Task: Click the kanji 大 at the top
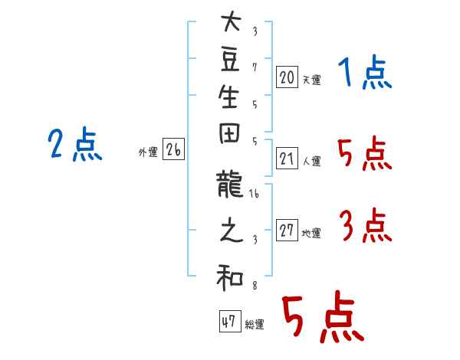coord(231,21)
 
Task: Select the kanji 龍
coord(230,184)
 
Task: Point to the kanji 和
coord(230,277)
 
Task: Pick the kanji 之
coord(232,230)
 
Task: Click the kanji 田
coord(229,134)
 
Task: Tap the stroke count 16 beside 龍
coord(254,194)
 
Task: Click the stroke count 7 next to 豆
coord(255,67)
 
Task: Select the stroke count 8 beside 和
coord(255,285)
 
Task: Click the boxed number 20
coord(287,77)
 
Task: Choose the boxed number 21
coord(287,159)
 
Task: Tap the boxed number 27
coord(287,230)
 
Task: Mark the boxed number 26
coord(173,149)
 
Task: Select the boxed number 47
coord(230,321)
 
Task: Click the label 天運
coord(312,80)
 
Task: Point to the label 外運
coord(148,152)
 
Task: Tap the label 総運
coord(255,324)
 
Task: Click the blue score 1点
coord(365,72)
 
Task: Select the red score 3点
coord(366,225)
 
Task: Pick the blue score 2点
coord(75,144)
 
